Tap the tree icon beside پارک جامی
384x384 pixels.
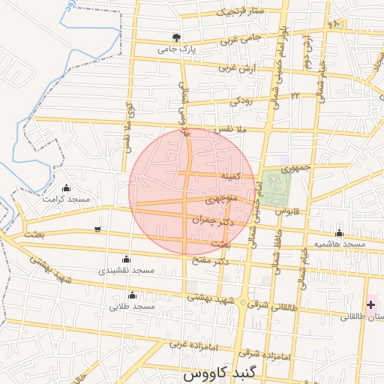(176, 37)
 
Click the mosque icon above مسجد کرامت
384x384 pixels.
(66, 187)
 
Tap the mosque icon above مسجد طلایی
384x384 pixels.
(133, 295)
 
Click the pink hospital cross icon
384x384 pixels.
(371, 304)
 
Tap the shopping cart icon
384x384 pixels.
(97, 229)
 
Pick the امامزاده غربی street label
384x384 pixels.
(190, 344)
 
